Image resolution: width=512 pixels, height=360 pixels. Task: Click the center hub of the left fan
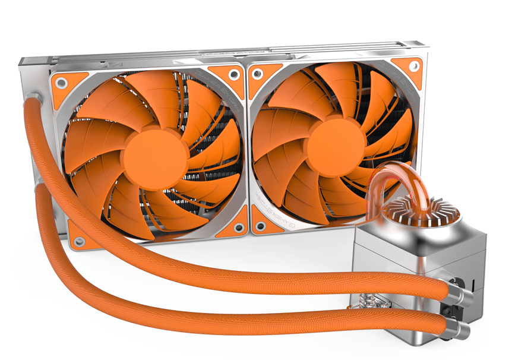pos(156,156)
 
